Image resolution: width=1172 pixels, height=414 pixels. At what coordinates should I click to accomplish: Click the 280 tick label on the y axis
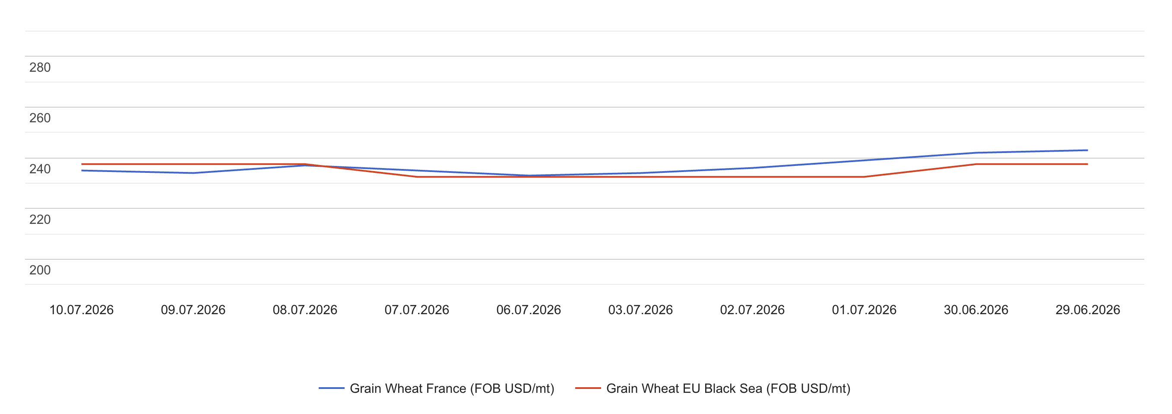pos(40,67)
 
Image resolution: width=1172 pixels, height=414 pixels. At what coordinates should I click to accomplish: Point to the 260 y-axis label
pos(40,118)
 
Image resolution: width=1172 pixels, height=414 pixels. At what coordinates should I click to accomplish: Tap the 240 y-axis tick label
pos(40,169)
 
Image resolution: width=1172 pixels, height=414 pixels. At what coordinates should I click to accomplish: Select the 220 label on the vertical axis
pos(40,220)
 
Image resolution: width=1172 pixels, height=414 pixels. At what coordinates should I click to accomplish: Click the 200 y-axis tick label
pos(40,270)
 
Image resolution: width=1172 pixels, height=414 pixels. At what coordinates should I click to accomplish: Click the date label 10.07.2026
pos(82,310)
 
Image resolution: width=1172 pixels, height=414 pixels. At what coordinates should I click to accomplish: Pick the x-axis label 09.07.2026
pos(193,310)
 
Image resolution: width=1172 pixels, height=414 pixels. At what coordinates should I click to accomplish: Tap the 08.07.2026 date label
pos(305,310)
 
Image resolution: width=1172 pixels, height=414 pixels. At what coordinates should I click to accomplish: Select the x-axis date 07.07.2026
pos(417,310)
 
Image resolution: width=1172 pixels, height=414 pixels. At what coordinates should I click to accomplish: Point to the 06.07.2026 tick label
pos(529,310)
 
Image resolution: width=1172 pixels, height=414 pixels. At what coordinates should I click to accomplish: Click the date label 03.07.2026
pos(640,310)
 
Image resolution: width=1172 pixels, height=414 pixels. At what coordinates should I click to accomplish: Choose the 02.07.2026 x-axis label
pos(753,310)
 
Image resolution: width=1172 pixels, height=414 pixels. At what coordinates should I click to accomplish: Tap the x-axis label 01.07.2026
pos(865,310)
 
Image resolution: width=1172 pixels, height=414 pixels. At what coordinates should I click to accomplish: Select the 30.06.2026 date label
pos(976,310)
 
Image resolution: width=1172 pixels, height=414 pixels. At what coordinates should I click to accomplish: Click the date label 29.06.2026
pos(1088,310)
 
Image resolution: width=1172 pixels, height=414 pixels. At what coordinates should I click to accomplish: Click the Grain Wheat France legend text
pos(452,389)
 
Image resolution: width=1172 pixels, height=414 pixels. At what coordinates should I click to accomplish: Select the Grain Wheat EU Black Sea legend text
pos(729,389)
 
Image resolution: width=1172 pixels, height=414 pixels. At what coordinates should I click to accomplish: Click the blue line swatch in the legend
pos(332,388)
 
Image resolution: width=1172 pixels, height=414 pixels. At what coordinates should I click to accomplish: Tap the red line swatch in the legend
pos(588,388)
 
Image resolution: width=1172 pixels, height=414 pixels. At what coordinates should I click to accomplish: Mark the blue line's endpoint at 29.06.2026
pos(1087,150)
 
